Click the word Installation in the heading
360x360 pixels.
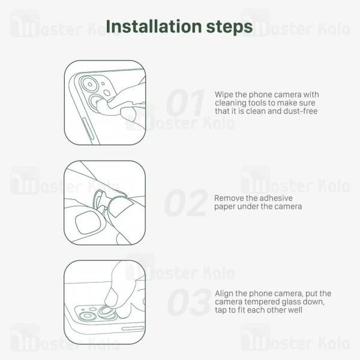(x=154, y=26)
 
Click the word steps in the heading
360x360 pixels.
(x=230, y=28)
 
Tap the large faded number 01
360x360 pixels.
(x=185, y=103)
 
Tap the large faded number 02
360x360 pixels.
(x=186, y=203)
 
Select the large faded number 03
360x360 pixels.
(x=189, y=302)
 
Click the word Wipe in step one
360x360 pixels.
(x=224, y=95)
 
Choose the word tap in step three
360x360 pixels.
(x=220, y=310)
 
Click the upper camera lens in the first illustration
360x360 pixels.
(x=90, y=85)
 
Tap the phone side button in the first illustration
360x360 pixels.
(x=88, y=129)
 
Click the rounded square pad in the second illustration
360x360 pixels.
(x=88, y=223)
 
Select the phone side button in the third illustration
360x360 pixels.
(x=133, y=329)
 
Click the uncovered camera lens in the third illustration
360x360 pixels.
(x=88, y=316)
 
